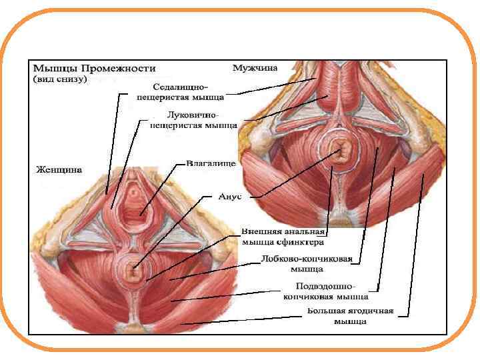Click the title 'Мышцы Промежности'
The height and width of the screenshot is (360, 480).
pyautogui.click(x=93, y=68)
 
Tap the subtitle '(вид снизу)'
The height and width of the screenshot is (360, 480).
pyautogui.click(x=60, y=79)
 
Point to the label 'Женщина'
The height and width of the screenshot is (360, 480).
pyautogui.click(x=59, y=169)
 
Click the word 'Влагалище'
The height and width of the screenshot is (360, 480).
pyautogui.click(x=211, y=162)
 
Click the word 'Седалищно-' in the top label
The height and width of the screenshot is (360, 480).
pyautogui.click(x=180, y=87)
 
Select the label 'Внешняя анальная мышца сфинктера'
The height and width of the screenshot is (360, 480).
pyautogui.click(x=283, y=237)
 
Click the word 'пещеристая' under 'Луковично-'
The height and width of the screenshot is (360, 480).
pyautogui.click(x=177, y=124)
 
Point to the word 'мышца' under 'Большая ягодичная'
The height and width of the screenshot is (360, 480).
pyautogui.click(x=350, y=321)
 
